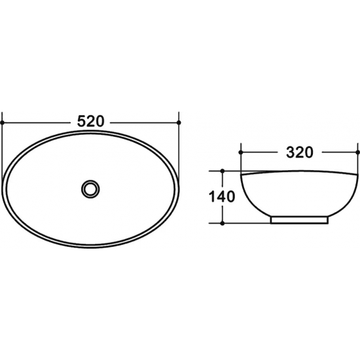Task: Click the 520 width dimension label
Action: tap(90, 121)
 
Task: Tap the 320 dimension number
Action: tap(299, 153)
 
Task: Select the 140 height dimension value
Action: tap(221, 197)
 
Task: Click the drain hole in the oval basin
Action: tap(90, 189)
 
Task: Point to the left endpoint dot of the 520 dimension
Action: tap(3, 123)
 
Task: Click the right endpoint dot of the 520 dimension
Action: tap(179, 122)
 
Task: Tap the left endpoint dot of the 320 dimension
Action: tap(241, 153)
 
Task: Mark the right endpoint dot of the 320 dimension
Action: tap(357, 153)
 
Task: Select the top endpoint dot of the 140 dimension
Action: tap(222, 171)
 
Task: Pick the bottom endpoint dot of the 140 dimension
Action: tap(222, 223)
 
